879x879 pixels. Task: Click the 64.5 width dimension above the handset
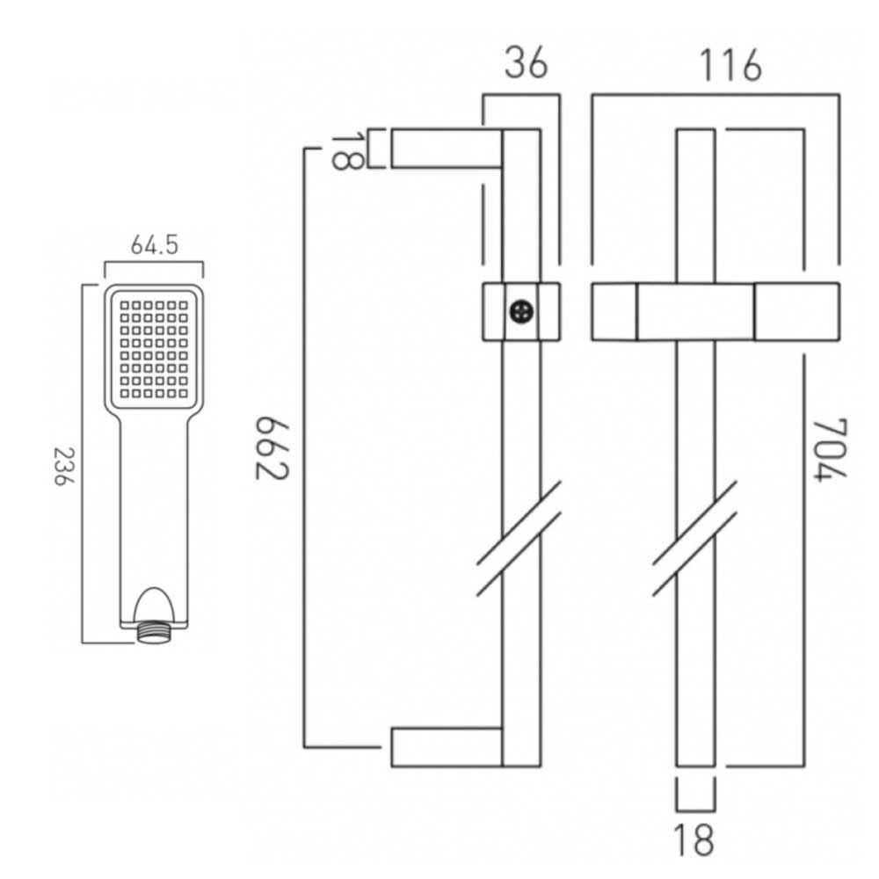click(155, 245)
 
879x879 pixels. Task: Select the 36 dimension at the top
click(525, 64)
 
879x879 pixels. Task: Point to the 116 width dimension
click(729, 65)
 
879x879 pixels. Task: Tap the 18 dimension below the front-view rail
click(695, 839)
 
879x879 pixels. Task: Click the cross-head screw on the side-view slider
click(522, 311)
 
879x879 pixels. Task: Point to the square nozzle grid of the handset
click(155, 348)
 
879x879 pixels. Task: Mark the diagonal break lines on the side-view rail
click(519, 539)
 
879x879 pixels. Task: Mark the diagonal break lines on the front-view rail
click(695, 539)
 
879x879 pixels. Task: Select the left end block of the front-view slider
click(614, 311)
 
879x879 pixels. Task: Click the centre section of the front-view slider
click(695, 311)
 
